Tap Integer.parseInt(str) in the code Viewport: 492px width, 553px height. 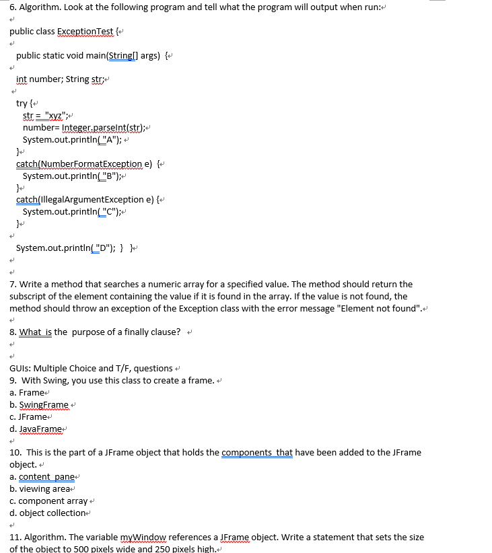104,127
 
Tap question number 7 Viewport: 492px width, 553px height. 13,285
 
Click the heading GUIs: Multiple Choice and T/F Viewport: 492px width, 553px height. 91,368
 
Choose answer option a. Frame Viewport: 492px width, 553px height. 27,392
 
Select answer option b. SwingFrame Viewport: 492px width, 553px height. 39,404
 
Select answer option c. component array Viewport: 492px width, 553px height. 48,501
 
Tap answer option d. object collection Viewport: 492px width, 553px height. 48,513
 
